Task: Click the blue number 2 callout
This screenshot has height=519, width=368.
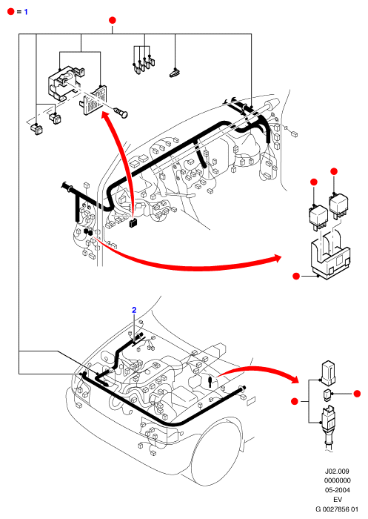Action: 134,310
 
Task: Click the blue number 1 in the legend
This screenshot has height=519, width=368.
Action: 26,12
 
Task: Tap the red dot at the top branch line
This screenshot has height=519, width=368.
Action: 113,20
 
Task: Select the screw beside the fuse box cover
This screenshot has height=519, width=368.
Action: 121,112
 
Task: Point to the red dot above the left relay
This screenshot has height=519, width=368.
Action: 314,182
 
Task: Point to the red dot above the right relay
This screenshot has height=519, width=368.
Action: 334,171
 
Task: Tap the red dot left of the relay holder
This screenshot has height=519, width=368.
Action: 296,276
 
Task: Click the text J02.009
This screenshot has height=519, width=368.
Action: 337,471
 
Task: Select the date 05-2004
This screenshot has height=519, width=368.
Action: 337,490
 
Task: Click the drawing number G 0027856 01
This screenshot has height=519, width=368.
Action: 337,509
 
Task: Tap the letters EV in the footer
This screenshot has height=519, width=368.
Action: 337,500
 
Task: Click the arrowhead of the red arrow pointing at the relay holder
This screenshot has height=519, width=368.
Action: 276,258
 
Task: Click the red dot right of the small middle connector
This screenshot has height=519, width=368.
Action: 357,394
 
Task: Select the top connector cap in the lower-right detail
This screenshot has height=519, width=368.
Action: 328,373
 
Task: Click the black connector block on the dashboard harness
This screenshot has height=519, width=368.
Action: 133,222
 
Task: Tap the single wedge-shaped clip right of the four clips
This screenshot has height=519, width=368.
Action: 174,73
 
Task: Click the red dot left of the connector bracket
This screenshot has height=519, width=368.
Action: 295,401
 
